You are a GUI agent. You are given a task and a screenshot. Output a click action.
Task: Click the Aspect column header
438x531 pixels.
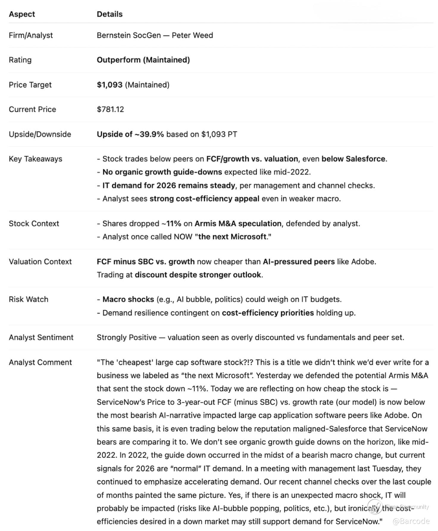tap(22, 14)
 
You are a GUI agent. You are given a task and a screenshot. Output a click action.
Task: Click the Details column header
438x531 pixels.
tap(109, 14)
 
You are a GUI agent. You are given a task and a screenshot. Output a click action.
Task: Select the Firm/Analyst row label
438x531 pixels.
tap(31, 35)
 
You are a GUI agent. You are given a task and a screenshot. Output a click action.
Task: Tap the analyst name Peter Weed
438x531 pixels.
tap(192, 35)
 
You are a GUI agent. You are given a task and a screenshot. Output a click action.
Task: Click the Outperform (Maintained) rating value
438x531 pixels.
tap(143, 60)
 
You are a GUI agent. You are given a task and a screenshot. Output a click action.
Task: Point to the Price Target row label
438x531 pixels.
tap(30, 85)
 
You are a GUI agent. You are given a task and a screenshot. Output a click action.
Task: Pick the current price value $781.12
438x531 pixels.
tap(110, 109)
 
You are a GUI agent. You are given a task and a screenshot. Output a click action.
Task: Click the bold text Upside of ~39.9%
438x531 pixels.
tap(130, 134)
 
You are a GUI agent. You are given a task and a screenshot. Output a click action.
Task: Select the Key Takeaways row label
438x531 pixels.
tap(35, 159)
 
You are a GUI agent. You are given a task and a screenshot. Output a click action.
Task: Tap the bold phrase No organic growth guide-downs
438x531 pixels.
tap(162, 172)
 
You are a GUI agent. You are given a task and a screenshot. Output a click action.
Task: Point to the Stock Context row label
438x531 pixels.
tap(34, 224)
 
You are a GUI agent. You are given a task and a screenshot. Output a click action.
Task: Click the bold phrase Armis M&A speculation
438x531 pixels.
tap(238, 224)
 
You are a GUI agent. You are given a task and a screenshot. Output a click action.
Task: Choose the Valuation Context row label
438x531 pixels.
tap(40, 262)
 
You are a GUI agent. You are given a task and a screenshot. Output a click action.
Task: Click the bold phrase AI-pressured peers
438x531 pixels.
tap(298, 262)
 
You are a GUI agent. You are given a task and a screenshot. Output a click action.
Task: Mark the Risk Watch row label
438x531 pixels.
tap(29, 300)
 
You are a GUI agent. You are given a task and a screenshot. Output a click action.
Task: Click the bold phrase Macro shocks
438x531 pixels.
tap(128, 300)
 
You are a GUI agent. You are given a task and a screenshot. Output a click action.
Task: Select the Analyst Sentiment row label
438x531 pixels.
tap(41, 337)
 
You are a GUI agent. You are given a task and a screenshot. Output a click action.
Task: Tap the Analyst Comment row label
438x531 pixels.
tap(40, 362)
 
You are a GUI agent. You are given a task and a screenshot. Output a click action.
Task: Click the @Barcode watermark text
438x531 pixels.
tap(411, 521)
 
